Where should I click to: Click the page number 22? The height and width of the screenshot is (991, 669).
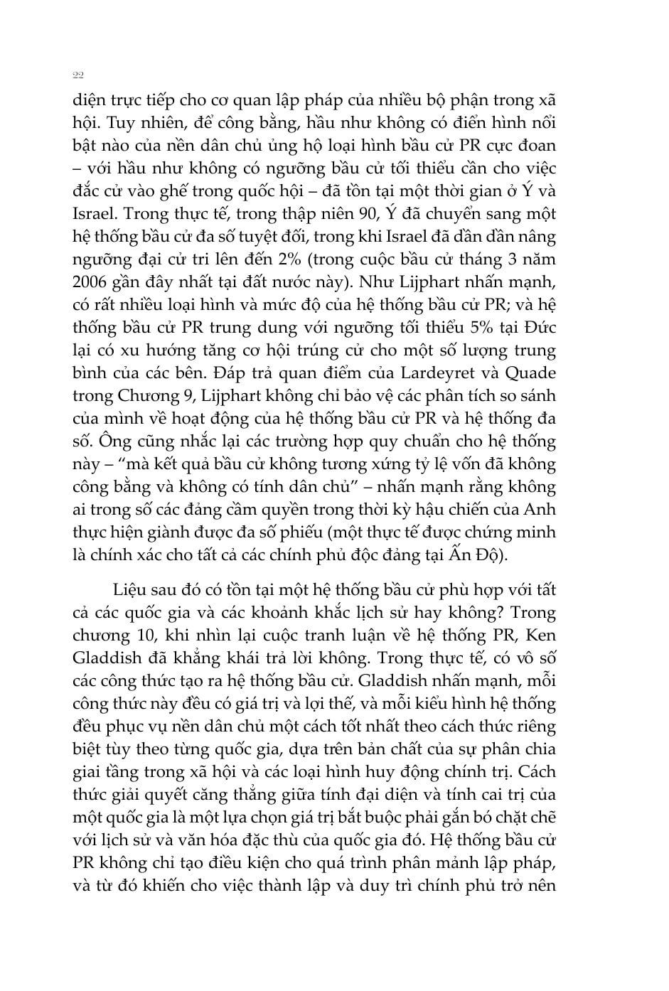pyautogui.click(x=78, y=75)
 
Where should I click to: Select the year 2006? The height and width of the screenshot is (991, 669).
pyautogui.click(x=90, y=282)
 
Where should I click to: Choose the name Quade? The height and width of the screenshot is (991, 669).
pyautogui.click(x=530, y=373)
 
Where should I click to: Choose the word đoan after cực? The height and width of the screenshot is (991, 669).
pyautogui.click(x=535, y=145)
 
